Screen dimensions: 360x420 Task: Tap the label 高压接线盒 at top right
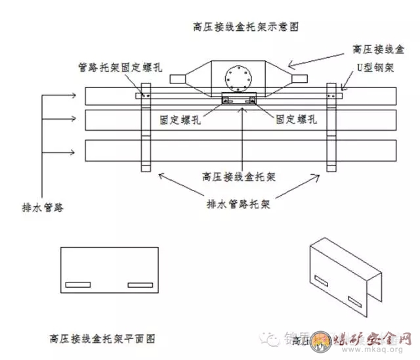378,49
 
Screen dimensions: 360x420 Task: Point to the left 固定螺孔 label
180,120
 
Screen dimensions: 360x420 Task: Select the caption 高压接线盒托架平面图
102,339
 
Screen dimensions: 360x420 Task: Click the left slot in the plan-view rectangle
78,285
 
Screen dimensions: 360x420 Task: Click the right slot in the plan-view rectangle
139,285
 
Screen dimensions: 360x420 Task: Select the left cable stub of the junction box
182,79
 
